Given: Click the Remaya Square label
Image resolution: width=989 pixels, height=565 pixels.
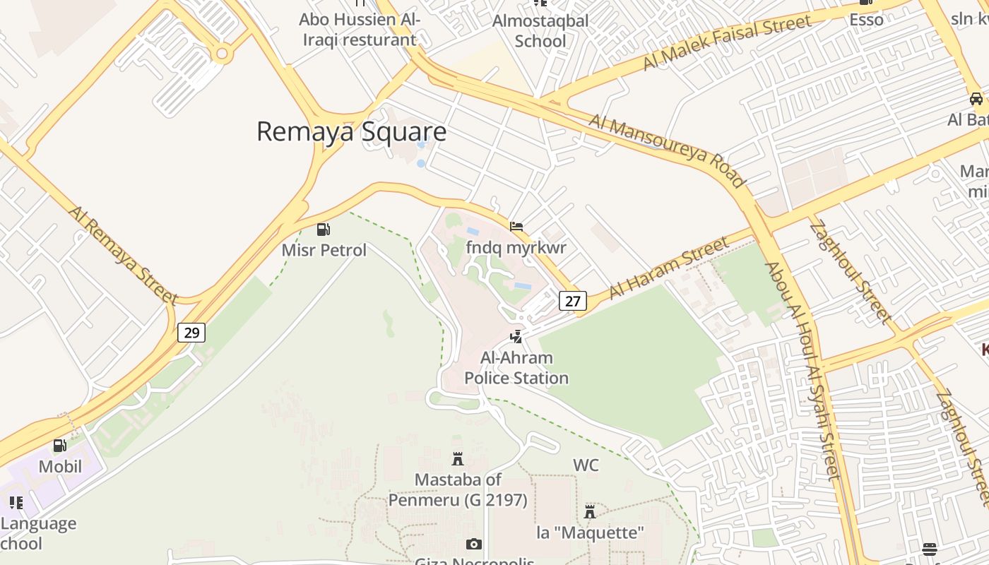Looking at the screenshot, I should (351, 132).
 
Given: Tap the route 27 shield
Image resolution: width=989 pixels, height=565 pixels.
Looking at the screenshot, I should (573, 301).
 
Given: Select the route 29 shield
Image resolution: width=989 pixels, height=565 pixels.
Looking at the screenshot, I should (191, 332).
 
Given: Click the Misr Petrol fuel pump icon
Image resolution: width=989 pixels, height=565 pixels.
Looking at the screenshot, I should (324, 230).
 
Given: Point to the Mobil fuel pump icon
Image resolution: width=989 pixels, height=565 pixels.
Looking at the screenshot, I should (60, 446).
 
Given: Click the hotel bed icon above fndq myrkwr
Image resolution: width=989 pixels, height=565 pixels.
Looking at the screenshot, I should (516, 227).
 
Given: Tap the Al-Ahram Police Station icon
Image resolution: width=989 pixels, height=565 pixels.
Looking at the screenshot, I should (516, 337).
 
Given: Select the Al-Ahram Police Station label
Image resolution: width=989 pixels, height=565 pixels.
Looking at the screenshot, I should (516, 368).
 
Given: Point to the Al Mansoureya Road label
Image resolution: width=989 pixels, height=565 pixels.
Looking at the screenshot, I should (667, 151).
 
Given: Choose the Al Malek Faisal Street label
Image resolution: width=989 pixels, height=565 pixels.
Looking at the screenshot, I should (727, 42).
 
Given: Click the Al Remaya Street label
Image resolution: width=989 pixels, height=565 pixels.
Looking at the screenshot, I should (123, 255).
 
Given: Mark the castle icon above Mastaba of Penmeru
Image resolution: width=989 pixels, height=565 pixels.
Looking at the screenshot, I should (458, 459).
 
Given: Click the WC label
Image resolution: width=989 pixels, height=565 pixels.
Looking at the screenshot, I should (586, 465).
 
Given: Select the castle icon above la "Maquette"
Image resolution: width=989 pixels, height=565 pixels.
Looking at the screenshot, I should (590, 511).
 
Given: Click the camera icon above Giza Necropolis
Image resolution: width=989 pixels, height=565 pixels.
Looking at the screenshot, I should (473, 544).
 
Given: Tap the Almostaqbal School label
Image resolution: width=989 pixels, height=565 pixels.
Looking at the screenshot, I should (540, 31).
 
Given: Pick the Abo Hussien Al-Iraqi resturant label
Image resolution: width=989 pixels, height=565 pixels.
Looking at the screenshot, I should (360, 30).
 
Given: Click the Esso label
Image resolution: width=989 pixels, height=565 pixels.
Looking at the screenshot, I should (866, 20).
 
